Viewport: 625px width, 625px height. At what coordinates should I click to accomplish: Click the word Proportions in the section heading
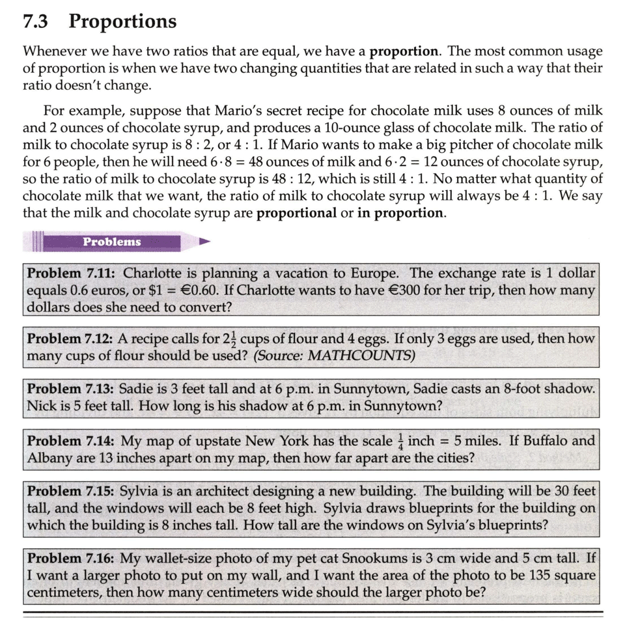tap(122, 21)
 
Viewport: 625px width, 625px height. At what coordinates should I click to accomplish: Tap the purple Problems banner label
tap(111, 242)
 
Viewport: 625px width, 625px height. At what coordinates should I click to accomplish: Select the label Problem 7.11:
tap(72, 273)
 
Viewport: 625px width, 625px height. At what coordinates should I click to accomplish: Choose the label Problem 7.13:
tap(72, 389)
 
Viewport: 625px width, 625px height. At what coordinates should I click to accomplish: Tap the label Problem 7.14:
tap(72, 441)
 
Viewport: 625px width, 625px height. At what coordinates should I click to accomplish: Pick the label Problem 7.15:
tap(72, 491)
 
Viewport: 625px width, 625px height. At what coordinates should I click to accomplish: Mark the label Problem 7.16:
tap(72, 558)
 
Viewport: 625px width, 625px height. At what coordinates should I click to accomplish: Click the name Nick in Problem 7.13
tap(41, 406)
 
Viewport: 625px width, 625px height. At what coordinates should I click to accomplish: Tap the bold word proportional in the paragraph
tap(297, 213)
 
